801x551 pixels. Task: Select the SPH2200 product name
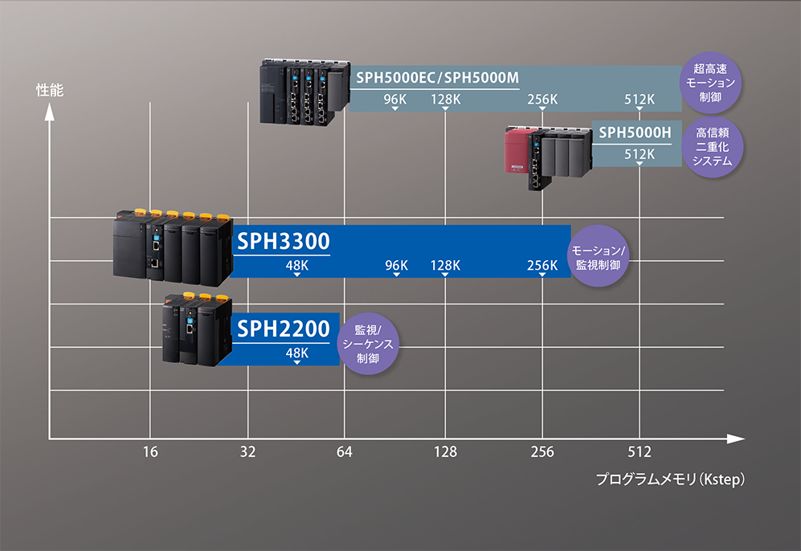[283, 328]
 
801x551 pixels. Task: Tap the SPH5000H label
[635, 131]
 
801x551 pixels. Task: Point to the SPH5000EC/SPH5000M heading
[436, 77]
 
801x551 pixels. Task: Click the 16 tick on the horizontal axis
[150, 452]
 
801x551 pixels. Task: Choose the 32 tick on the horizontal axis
[247, 452]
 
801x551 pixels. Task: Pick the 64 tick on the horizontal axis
[345, 452]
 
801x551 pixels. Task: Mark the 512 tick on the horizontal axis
[640, 452]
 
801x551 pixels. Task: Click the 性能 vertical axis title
[50, 90]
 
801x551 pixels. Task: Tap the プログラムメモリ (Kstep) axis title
[672, 480]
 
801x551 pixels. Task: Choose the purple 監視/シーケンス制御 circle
[368, 344]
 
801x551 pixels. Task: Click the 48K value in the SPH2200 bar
[296, 353]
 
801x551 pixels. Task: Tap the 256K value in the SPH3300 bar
[542, 265]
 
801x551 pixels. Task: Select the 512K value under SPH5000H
[640, 153]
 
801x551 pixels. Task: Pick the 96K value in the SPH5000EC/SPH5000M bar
[395, 100]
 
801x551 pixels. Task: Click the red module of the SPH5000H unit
[515, 153]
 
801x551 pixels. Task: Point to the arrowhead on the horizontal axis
[735, 439]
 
